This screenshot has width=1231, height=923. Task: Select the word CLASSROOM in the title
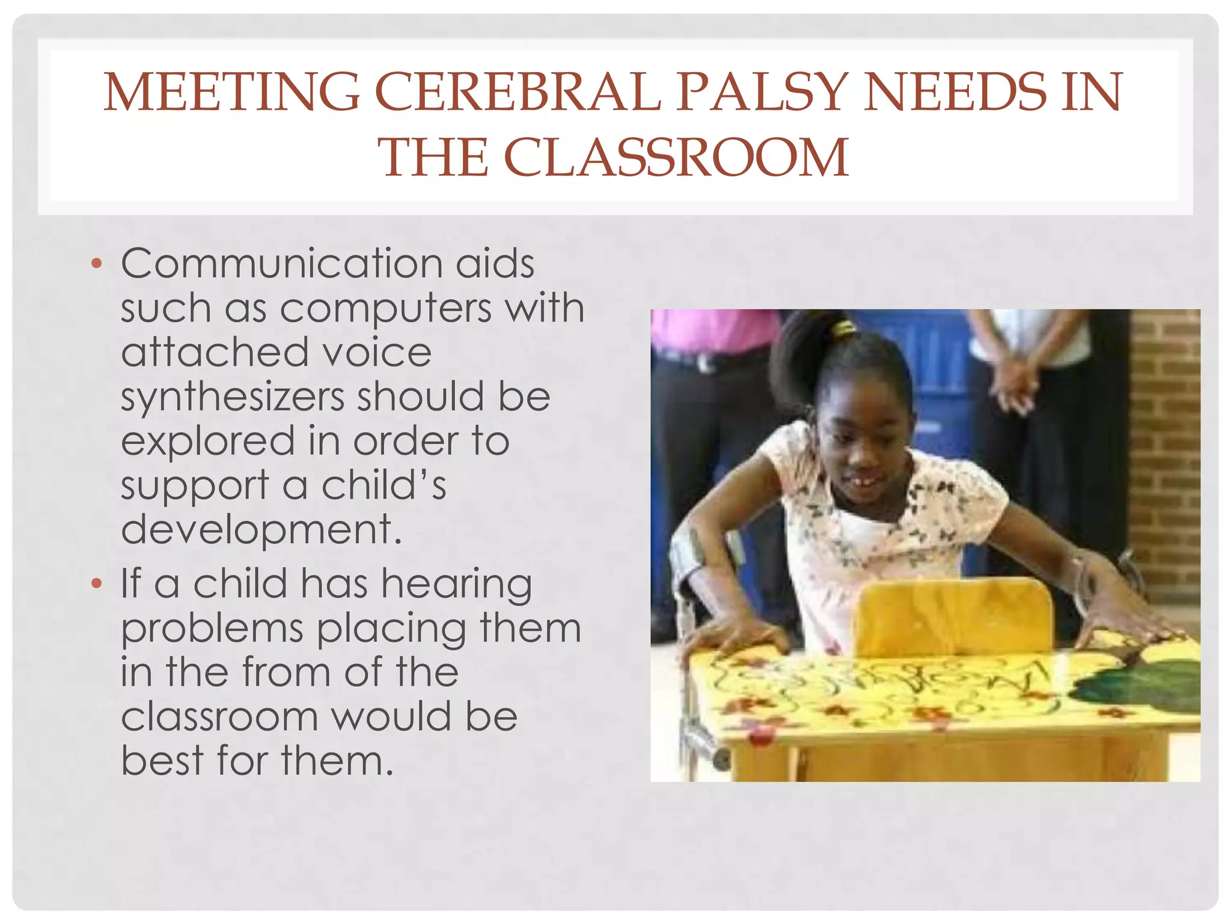(x=676, y=157)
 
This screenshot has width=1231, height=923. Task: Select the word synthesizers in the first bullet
(x=231, y=397)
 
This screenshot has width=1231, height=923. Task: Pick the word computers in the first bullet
(x=385, y=309)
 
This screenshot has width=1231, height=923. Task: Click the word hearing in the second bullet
(x=456, y=585)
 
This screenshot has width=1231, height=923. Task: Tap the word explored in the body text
(x=207, y=442)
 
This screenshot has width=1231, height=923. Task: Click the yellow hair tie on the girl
(x=845, y=327)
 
